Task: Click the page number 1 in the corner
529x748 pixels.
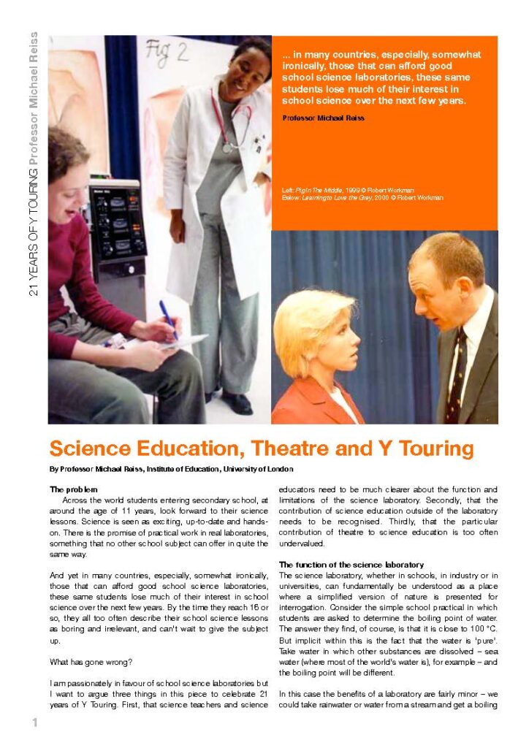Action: click(34, 723)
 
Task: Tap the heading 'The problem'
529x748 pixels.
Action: click(74, 489)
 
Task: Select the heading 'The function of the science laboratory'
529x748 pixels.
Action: click(351, 565)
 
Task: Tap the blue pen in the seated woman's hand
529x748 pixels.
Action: click(169, 319)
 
